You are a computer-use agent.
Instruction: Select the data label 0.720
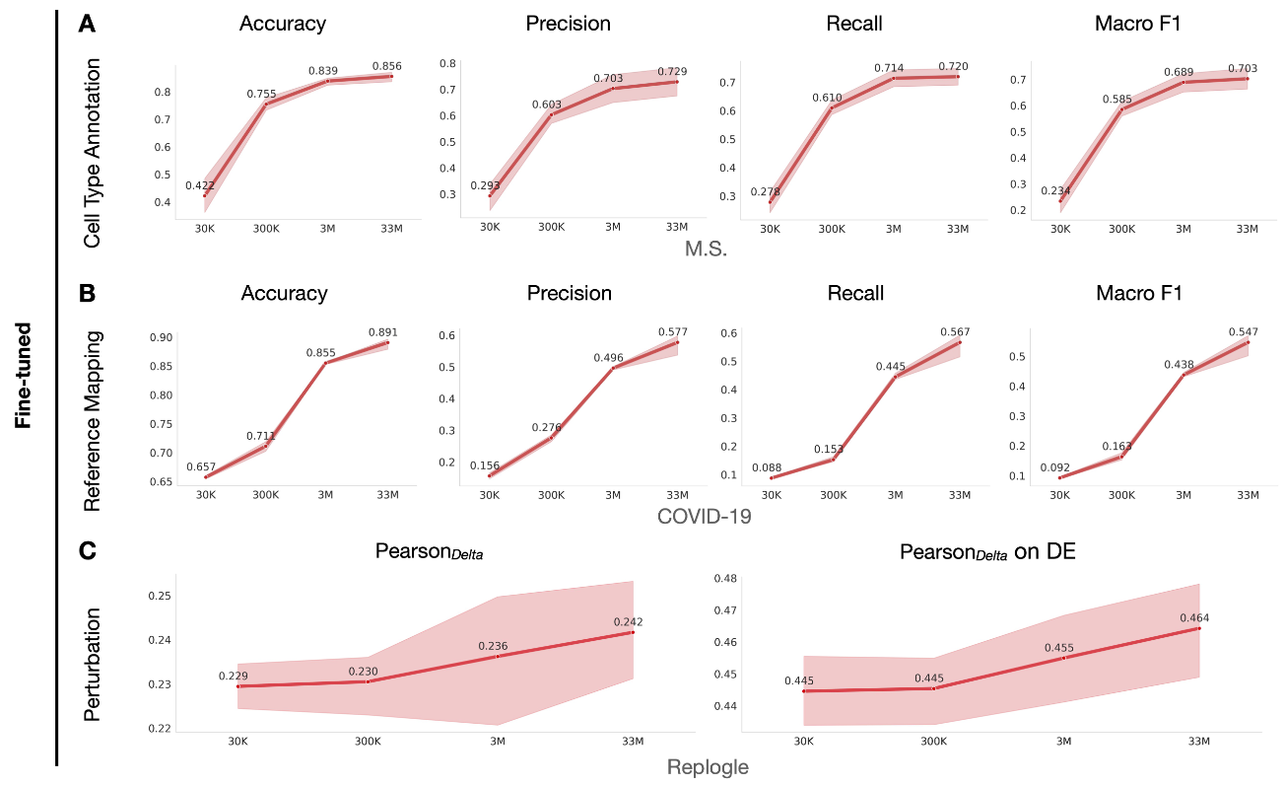954,66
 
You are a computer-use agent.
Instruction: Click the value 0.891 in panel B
383,332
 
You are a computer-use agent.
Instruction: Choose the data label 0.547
1244,332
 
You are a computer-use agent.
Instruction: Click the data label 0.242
629,621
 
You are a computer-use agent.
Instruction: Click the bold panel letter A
87,25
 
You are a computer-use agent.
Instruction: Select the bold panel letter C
87,550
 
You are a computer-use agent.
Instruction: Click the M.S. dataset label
706,250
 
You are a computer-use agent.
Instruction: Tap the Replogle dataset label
708,767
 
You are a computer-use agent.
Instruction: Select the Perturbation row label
93,664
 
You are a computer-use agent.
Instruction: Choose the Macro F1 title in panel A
1138,23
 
